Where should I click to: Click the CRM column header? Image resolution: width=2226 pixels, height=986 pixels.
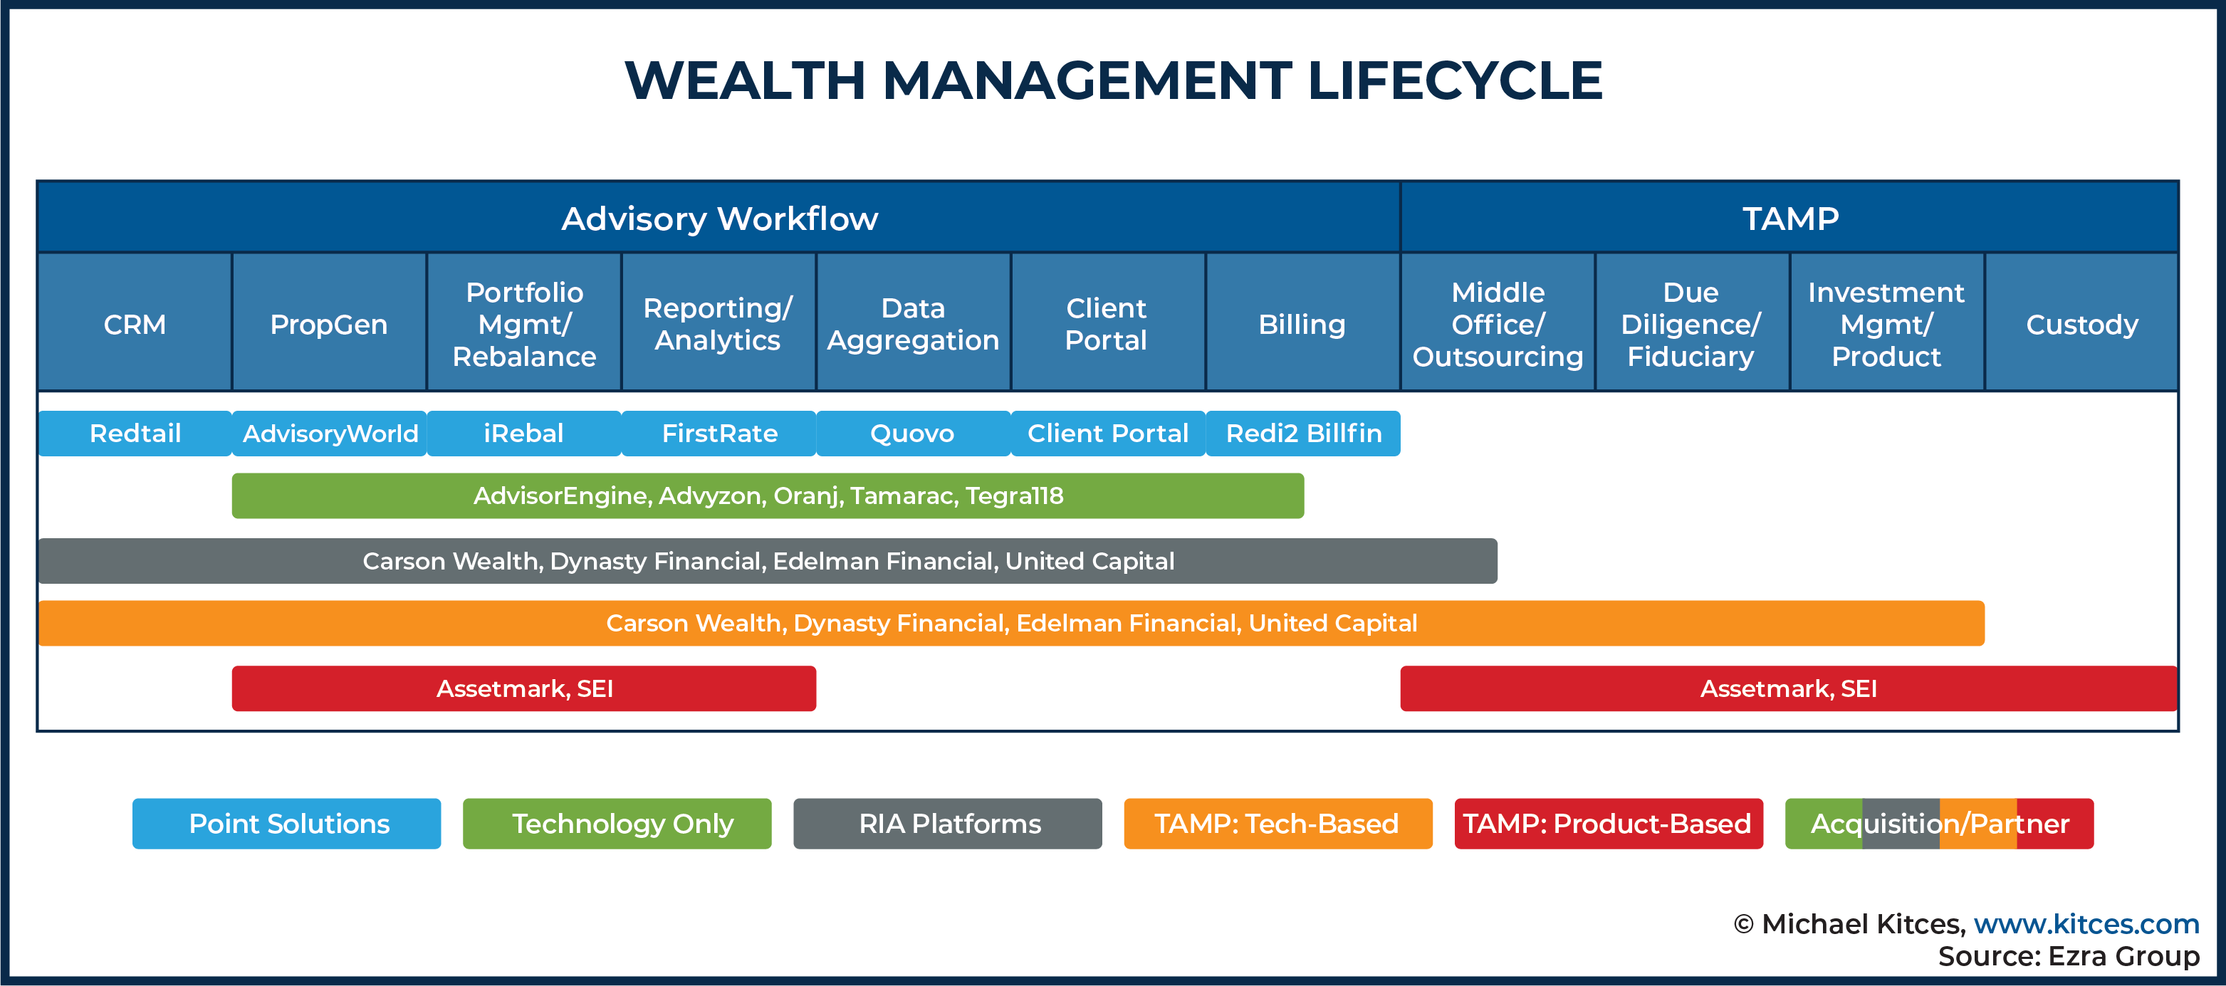point(135,323)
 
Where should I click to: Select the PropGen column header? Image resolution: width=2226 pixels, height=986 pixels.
point(329,323)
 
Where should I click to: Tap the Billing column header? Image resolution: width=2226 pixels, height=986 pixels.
point(1302,323)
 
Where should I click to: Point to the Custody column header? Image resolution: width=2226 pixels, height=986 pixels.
point(2081,323)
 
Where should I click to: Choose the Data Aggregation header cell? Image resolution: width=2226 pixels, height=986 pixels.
point(914,323)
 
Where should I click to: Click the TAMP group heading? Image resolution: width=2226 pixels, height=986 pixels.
point(1789,218)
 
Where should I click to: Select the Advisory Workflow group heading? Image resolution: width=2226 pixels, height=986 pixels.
point(719,218)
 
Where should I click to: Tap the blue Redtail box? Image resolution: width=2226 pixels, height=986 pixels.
point(135,433)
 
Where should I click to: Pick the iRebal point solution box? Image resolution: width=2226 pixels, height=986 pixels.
point(523,433)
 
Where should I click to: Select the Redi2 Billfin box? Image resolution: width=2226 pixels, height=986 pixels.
point(1303,433)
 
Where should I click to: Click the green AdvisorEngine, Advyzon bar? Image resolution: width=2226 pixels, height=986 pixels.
point(768,495)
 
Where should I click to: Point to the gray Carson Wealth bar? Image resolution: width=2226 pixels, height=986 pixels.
point(768,561)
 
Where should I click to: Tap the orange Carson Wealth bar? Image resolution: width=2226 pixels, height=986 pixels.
point(1012,623)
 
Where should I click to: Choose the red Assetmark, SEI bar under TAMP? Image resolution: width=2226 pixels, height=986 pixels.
point(1789,688)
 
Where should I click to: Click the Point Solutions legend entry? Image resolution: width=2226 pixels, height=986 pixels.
point(287,824)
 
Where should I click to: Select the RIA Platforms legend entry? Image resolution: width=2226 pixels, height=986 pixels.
point(948,824)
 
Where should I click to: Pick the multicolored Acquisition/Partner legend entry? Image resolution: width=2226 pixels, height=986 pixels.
point(1939,824)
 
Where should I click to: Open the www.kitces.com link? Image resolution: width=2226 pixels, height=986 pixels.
point(2086,924)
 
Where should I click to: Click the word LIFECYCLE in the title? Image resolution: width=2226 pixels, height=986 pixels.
point(1456,80)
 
